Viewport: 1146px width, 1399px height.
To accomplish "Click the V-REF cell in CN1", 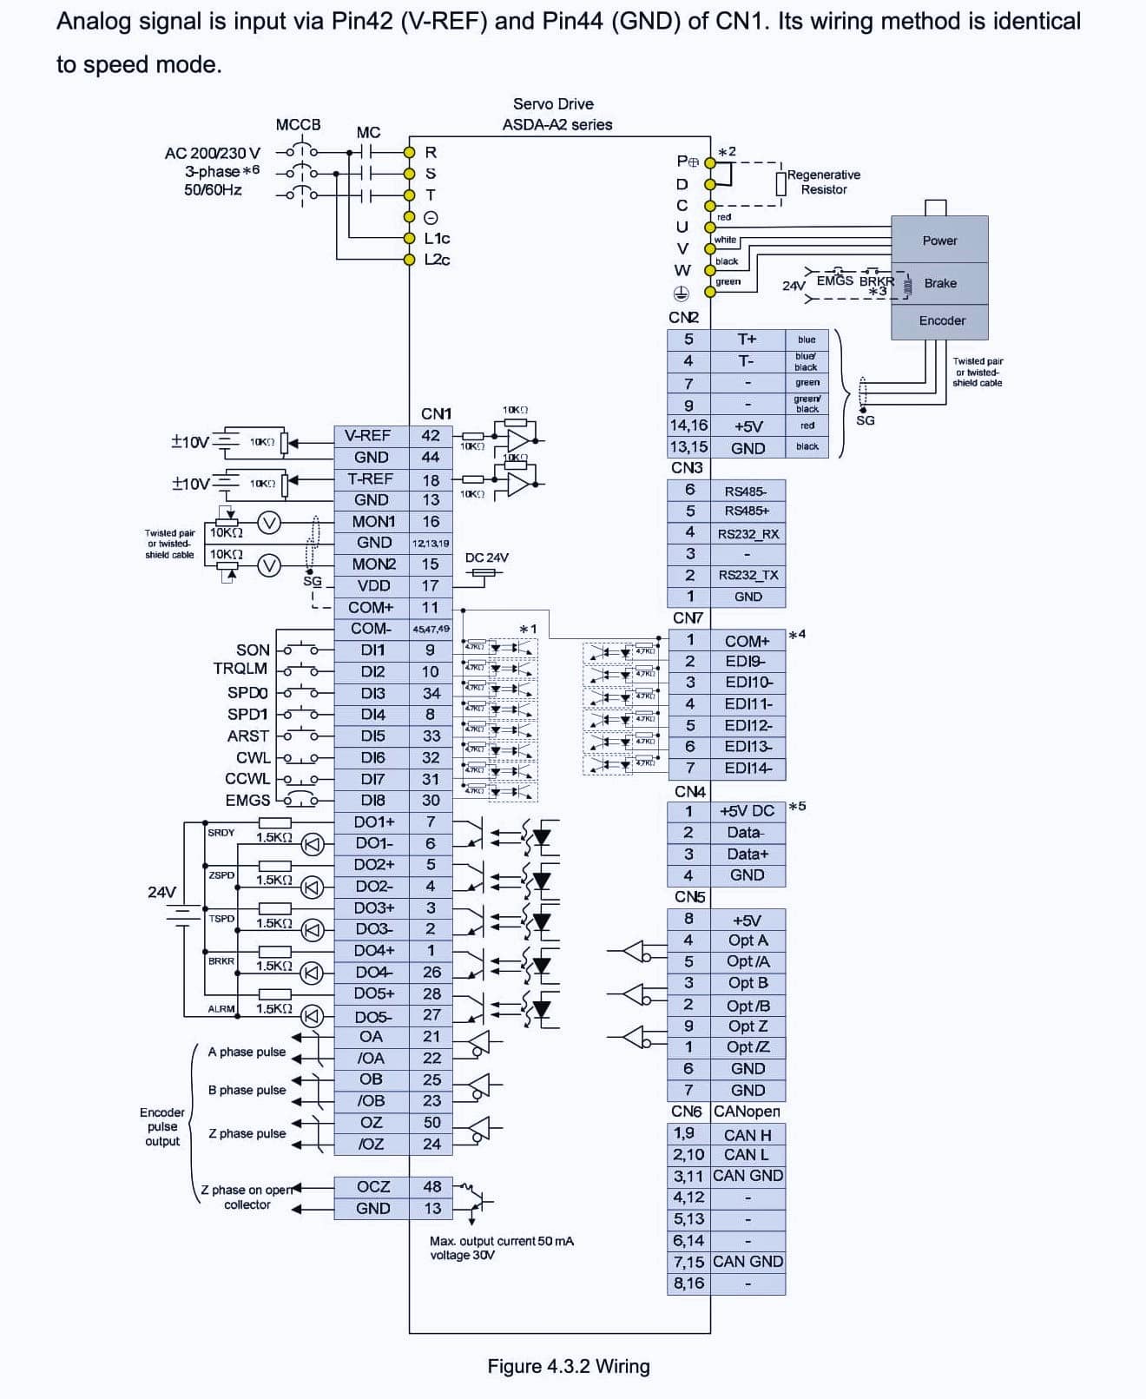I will click(371, 436).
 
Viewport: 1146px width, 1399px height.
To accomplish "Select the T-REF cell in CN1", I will click(371, 478).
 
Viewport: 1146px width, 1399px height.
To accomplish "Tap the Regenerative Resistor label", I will click(823, 181).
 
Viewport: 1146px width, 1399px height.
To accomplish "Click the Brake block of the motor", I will click(939, 283).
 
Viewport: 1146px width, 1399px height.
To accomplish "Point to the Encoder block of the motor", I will click(941, 320).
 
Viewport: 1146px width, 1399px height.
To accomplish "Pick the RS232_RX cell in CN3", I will click(748, 533).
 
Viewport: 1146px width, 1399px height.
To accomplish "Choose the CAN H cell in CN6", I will click(747, 1135).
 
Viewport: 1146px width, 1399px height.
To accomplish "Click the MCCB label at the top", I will click(298, 124).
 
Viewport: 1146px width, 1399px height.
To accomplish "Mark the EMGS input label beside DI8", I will click(247, 800).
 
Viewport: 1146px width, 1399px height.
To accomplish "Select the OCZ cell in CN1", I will click(372, 1186).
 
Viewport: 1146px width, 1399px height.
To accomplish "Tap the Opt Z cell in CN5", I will click(747, 1026).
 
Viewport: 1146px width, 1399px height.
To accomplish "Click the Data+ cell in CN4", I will click(747, 854).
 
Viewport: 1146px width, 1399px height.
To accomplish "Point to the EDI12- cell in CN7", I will click(748, 725).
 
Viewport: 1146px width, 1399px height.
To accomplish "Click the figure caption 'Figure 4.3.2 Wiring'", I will click(568, 1366).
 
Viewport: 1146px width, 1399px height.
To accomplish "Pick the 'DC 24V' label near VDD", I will click(486, 558).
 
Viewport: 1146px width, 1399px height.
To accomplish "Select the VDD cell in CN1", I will click(373, 585).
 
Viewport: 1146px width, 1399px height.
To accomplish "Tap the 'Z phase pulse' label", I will click(247, 1133).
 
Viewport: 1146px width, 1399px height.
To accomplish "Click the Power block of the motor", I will click(939, 241).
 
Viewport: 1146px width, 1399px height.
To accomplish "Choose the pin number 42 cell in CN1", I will click(431, 436).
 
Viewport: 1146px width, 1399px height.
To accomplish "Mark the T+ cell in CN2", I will click(747, 340).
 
